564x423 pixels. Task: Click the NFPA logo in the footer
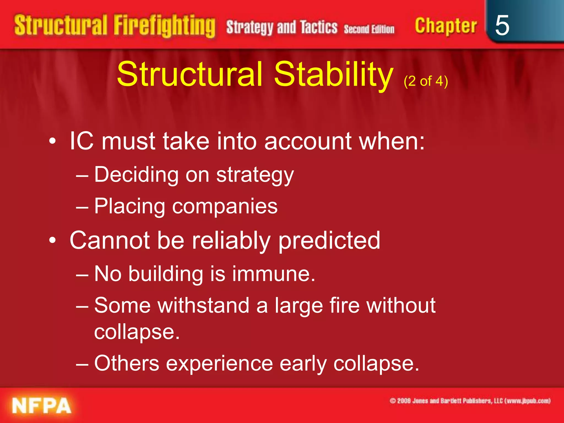(42, 405)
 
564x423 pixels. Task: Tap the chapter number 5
(502, 25)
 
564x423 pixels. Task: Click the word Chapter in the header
(446, 26)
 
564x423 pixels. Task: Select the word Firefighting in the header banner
(164, 26)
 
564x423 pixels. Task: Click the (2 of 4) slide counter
(426, 81)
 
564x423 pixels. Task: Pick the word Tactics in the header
(319, 27)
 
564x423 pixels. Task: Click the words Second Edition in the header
(369, 29)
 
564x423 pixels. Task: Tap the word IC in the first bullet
(82, 141)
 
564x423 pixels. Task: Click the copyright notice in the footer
(470, 401)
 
